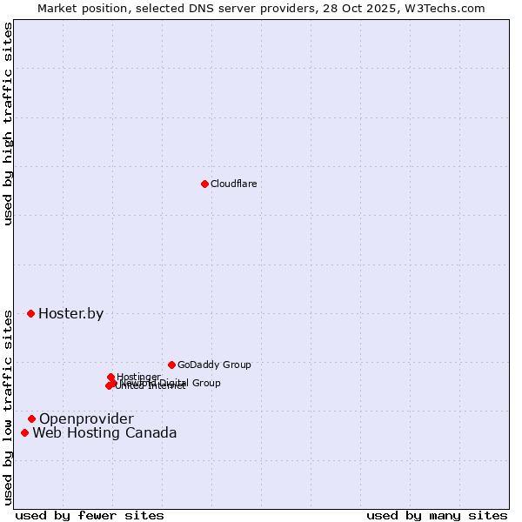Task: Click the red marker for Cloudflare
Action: click(x=204, y=184)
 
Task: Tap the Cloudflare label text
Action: click(x=233, y=184)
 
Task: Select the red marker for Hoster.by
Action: click(x=31, y=313)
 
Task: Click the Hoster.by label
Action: click(x=70, y=314)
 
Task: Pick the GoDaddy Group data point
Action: click(x=171, y=365)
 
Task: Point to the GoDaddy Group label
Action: click(x=214, y=365)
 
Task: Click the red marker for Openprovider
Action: click(x=32, y=418)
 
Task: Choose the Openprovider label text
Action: click(x=86, y=419)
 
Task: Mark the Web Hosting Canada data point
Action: click(x=24, y=432)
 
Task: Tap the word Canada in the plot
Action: click(x=151, y=433)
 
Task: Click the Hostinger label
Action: click(x=138, y=377)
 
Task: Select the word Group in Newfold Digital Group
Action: click(x=205, y=383)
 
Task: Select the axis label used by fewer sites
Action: click(x=90, y=515)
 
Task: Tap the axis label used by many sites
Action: click(x=437, y=515)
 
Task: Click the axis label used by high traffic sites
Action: click(x=9, y=124)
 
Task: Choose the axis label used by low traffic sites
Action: click(x=9, y=407)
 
